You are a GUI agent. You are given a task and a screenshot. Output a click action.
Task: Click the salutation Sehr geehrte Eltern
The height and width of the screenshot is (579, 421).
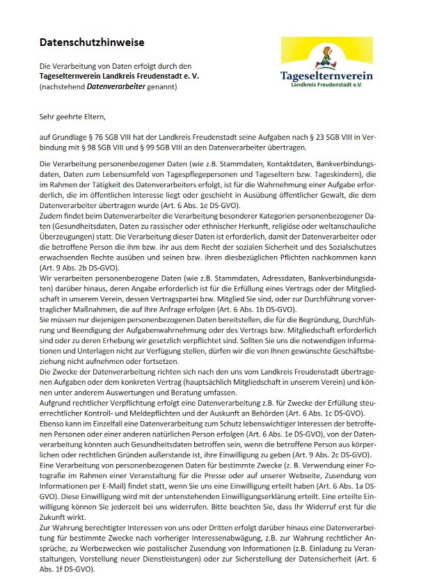pos(71,120)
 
